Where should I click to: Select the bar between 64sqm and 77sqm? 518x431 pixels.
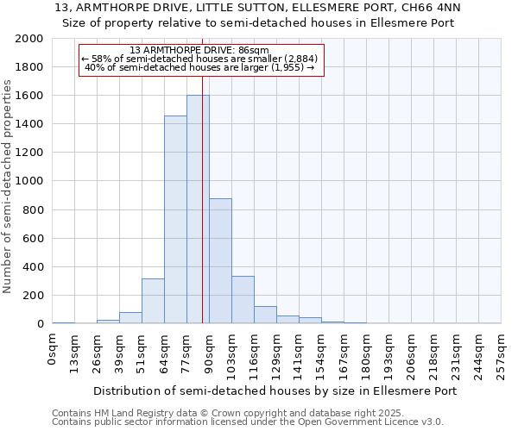pos(175,220)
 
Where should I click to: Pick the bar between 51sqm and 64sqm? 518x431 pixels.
pos(153,301)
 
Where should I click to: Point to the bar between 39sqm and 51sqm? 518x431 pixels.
pos(130,317)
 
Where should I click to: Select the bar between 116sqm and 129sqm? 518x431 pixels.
pos(265,315)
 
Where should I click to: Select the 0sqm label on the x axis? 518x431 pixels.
pos(53,344)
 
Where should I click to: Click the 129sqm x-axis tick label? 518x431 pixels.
pos(277,348)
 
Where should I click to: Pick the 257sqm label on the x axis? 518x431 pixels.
pos(502,348)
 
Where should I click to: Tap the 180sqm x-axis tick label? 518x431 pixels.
pos(367,348)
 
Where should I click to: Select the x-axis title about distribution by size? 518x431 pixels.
pos(275,390)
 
